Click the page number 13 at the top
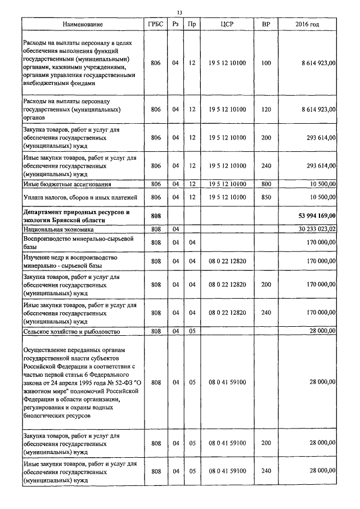tap(180, 12)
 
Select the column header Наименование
tap(83, 25)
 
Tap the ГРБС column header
tap(156, 25)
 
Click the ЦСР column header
tap(227, 25)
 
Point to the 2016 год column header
tap(307, 25)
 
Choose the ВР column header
tap(266, 25)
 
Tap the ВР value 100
tap(266, 63)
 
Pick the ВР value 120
tap(266, 109)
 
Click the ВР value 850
tap(266, 197)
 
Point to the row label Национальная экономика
tap(59, 230)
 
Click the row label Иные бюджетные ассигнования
tap(66, 184)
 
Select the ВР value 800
tap(266, 184)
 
